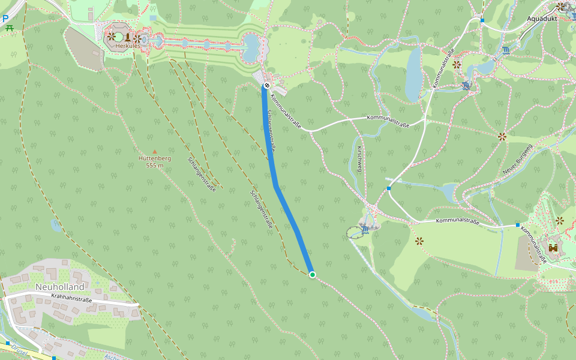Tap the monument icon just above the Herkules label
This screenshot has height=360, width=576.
[127, 37]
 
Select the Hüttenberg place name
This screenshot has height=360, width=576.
[155, 158]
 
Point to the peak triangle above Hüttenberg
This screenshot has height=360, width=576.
[155, 152]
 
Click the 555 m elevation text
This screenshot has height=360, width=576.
[155, 165]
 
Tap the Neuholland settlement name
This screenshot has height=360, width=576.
[59, 287]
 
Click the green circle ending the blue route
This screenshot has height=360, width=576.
[312, 275]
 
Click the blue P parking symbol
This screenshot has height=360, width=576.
[5, 19]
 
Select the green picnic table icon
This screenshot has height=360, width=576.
[9, 28]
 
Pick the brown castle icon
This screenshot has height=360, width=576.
[553, 247]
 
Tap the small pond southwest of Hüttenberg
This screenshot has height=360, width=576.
[56, 226]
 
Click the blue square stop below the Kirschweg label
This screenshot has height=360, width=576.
[389, 188]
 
